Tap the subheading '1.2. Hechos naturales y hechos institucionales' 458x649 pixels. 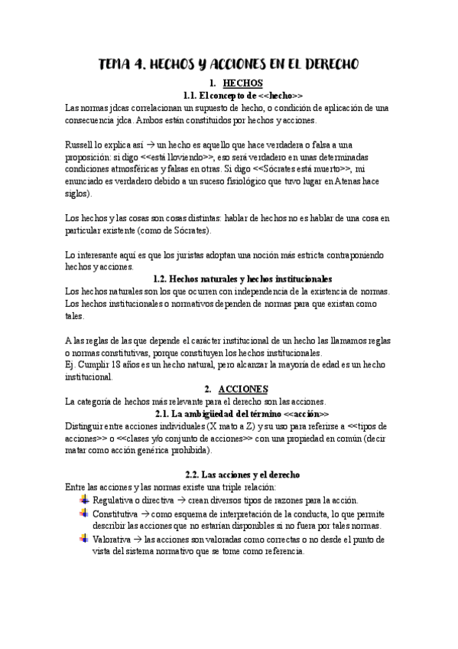click(242, 279)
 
